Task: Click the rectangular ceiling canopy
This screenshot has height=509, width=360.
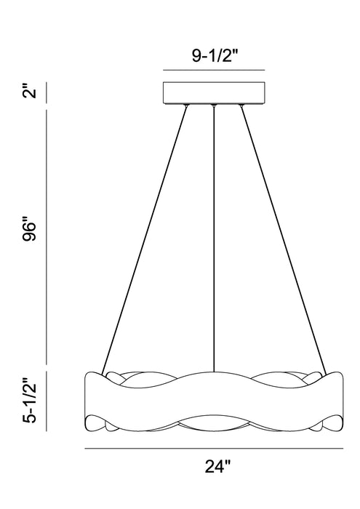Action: pos(214,93)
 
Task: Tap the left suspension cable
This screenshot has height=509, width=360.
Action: pos(145,239)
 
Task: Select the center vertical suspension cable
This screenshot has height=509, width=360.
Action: pos(214,239)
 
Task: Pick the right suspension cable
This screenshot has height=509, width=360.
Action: pos(283,239)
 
